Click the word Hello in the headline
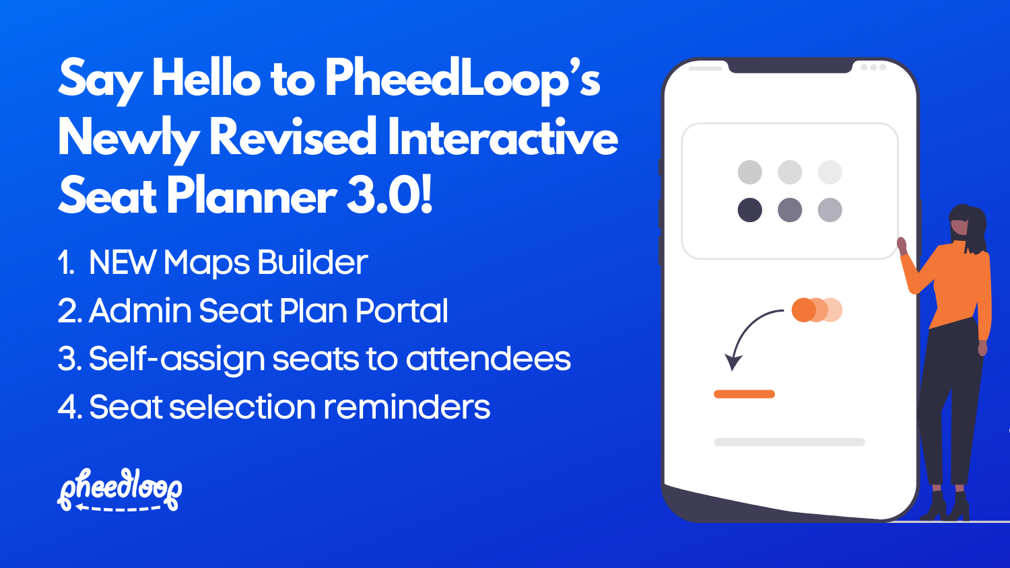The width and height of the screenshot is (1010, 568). click(x=206, y=79)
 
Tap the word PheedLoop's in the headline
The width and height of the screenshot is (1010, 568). click(x=463, y=79)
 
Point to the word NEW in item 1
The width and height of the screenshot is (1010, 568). click(x=123, y=262)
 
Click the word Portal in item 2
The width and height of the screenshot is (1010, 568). click(x=401, y=311)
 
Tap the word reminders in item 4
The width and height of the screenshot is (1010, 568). click(x=407, y=407)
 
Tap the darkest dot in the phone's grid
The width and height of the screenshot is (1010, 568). click(x=749, y=210)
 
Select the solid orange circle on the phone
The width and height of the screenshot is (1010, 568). click(x=803, y=310)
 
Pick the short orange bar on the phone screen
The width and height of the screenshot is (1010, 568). click(x=744, y=394)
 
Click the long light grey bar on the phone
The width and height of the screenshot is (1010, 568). click(x=789, y=442)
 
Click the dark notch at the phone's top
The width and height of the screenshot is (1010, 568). click(x=790, y=66)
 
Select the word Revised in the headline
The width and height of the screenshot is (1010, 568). click(x=293, y=137)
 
